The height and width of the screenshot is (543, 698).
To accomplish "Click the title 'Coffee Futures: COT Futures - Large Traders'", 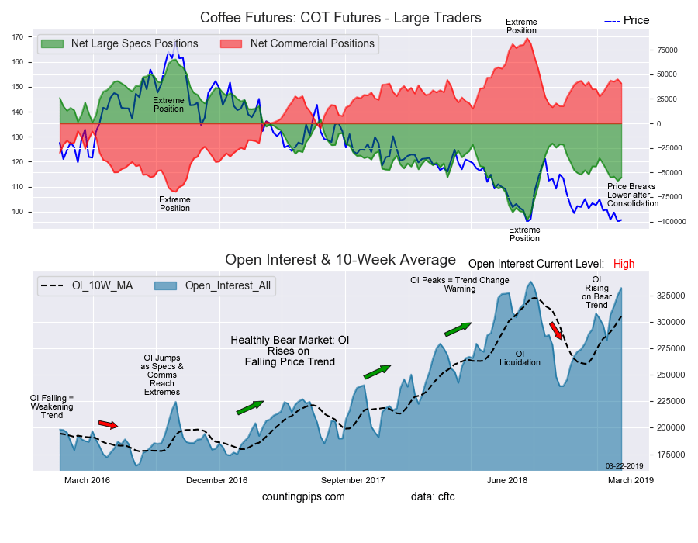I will tap(340, 18).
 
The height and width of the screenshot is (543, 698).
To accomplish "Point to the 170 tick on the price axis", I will tap(17, 37).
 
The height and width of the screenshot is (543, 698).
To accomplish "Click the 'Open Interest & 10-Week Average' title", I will tap(340, 260).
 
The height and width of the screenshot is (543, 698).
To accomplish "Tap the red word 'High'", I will tap(624, 264).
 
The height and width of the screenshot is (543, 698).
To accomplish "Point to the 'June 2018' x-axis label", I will tap(506, 480).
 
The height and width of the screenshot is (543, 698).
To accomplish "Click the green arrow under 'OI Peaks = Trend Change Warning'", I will tap(458, 329).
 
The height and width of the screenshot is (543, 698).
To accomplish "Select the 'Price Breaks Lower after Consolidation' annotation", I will tap(631, 195).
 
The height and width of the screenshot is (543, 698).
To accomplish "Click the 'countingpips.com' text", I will tap(304, 497).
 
